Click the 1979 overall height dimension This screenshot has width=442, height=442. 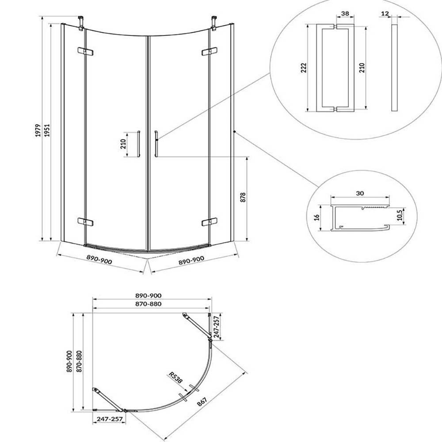tap(38, 130)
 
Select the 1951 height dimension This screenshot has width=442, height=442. tap(47, 130)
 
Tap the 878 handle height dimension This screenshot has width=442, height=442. tap(243, 197)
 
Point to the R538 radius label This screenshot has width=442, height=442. tap(175, 377)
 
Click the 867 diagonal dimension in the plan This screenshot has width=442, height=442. tap(202, 401)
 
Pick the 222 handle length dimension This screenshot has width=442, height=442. tap(304, 68)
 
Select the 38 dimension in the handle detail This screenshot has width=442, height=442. tap(345, 13)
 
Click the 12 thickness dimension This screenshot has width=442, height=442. tap(385, 13)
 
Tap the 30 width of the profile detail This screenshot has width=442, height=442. tap(360, 194)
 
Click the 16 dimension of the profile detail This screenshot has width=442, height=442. tap(316, 217)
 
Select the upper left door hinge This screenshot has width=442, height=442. tap(85, 51)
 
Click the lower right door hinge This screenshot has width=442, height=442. tap(210, 222)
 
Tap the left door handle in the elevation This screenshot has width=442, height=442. tap(138, 144)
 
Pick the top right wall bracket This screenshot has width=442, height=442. tap(214, 23)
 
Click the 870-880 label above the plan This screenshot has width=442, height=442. tap(148, 304)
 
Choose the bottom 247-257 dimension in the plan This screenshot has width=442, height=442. tap(110, 419)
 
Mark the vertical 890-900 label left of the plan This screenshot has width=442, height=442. tap(70, 362)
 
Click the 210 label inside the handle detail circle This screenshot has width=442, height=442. tap(362, 68)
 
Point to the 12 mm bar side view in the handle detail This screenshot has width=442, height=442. tap(394, 68)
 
